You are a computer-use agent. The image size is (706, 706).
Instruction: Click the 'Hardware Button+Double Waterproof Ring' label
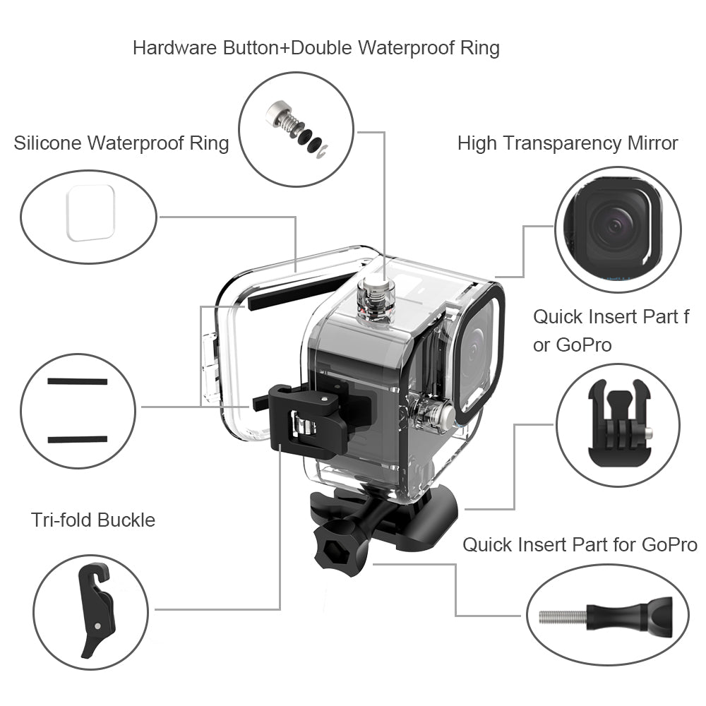(316, 48)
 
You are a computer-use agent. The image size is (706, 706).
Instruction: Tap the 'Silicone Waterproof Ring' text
(121, 143)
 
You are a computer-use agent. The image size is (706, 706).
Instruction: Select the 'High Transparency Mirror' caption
(567, 143)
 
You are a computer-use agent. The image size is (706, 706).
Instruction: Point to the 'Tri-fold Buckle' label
(93, 520)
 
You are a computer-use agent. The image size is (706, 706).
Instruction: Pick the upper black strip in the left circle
(78, 381)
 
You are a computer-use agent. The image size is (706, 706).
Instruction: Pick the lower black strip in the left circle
(78, 439)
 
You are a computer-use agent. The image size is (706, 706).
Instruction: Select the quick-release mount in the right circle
(618, 424)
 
